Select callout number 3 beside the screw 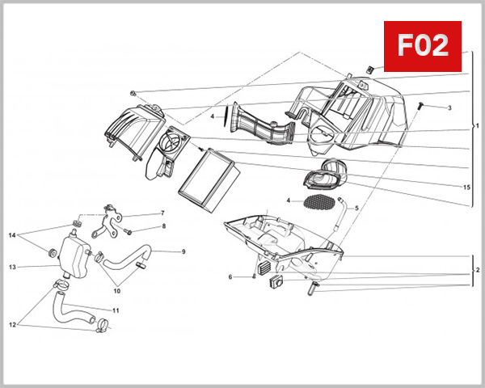[449, 108]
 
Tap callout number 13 [12, 266]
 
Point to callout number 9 [183, 251]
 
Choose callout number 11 [116, 310]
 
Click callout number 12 [12, 325]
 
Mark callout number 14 [12, 235]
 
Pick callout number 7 [162, 213]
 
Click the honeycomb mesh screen [323, 200]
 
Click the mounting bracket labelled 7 [110, 221]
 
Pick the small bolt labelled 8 [127, 232]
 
